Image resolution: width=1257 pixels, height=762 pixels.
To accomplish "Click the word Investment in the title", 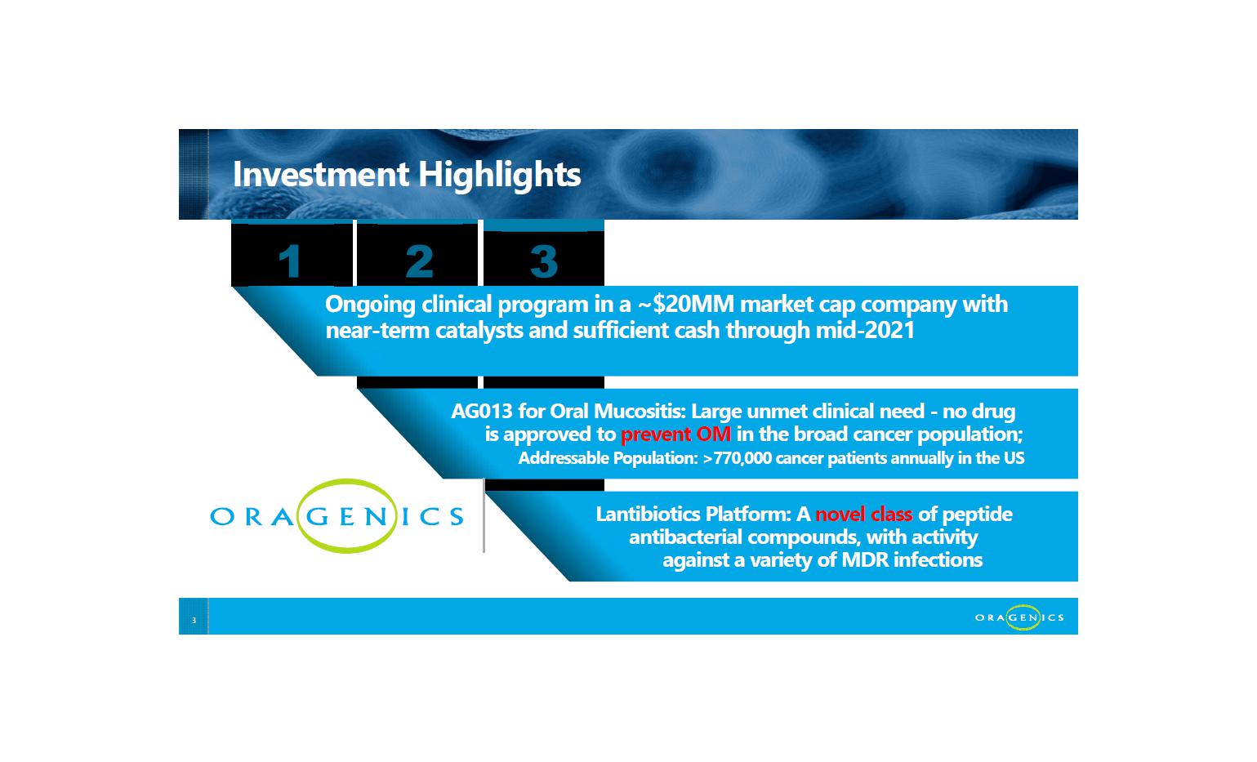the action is (x=320, y=174).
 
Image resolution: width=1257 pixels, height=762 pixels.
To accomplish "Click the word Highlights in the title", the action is (x=499, y=175).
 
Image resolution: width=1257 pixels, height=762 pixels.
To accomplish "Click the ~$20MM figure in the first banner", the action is (x=686, y=304).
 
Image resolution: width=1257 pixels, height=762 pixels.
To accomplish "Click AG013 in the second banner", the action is (x=481, y=412).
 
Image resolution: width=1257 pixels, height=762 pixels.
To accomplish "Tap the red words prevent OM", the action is (x=675, y=434).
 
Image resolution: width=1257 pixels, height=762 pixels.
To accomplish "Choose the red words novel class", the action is (x=863, y=514).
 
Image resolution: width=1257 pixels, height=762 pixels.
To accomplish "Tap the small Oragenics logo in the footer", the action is (x=1019, y=617).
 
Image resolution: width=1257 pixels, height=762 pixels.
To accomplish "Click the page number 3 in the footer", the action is (x=194, y=620).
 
